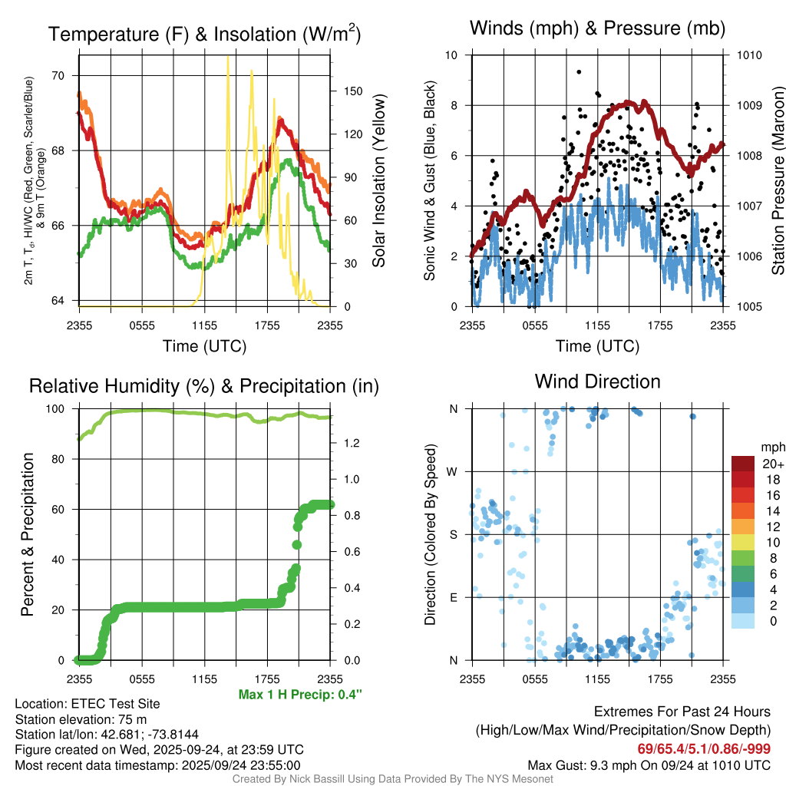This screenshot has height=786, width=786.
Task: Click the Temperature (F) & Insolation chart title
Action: point(204,35)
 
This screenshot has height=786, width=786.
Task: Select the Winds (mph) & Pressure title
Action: point(598,28)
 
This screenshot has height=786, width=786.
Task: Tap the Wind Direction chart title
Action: point(597,381)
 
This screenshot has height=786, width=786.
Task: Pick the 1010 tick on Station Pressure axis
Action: point(748,55)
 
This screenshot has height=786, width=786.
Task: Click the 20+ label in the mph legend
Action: point(772,464)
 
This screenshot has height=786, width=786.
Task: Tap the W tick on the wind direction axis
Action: point(454,472)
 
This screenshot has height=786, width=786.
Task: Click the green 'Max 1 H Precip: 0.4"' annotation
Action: point(300,695)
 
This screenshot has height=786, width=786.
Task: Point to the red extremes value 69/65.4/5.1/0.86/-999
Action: point(704,748)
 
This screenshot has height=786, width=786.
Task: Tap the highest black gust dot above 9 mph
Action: point(579,72)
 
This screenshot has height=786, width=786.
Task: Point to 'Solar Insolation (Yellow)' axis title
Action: point(378,181)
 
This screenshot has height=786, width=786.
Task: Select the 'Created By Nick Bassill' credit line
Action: point(393,779)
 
